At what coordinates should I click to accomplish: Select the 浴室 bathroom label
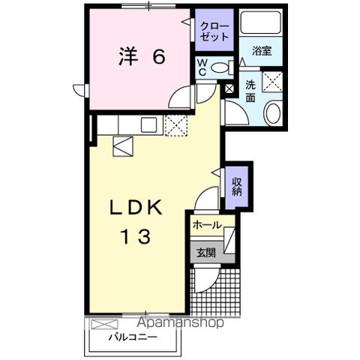click(x=262, y=51)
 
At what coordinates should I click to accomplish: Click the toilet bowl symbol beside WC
click(x=220, y=68)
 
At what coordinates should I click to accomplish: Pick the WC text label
click(x=202, y=67)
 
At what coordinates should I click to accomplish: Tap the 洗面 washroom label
click(x=250, y=91)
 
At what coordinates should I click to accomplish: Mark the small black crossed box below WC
click(x=229, y=89)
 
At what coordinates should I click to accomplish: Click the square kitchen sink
click(x=147, y=125)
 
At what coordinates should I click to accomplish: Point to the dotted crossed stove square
click(x=178, y=125)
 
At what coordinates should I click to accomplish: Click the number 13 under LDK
click(x=136, y=238)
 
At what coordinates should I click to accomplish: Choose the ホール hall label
click(x=206, y=225)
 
